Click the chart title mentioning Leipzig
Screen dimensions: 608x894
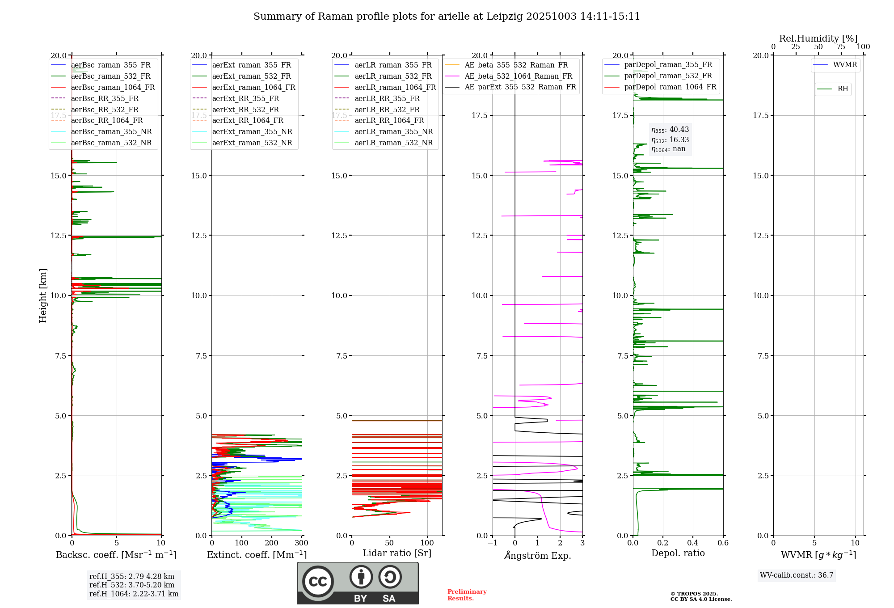[447, 17]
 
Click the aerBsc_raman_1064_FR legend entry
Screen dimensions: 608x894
[113, 87]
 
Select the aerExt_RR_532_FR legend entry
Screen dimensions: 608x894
[245, 110]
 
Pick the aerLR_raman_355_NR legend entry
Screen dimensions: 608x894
[393, 131]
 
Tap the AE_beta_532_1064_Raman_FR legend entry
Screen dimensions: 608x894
[518, 76]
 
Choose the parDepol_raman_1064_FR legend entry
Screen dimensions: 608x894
[670, 87]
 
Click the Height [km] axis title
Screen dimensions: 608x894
[43, 296]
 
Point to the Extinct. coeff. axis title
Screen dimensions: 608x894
[257, 555]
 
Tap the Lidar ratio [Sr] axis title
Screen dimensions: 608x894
[397, 553]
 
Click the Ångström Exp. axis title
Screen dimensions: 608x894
[538, 555]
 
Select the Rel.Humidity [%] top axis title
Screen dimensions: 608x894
[818, 38]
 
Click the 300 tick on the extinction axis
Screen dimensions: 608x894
[302, 543]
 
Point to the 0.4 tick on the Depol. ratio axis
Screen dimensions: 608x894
[693, 543]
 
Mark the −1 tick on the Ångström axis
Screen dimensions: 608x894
[492, 543]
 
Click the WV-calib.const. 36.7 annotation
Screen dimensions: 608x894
[797, 575]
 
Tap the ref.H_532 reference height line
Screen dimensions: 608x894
[132, 585]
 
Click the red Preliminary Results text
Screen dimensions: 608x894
[467, 595]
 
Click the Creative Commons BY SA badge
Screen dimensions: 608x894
[358, 583]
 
